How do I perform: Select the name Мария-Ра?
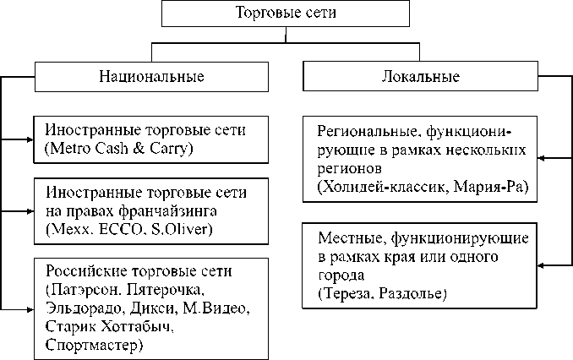(x=490, y=187)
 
